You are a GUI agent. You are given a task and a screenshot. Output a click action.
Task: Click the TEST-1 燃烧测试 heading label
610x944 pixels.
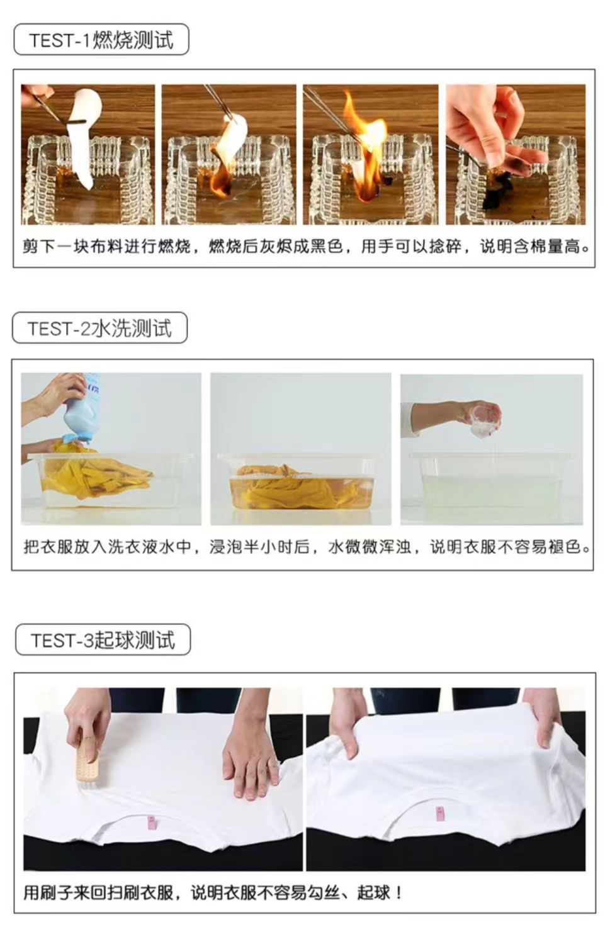101,39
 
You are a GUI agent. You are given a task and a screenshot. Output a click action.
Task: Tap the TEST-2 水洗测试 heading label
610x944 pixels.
100,327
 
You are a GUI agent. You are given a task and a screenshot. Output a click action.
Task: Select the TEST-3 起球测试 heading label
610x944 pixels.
103,639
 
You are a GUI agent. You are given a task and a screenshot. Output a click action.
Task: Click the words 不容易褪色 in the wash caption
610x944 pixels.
539,547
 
